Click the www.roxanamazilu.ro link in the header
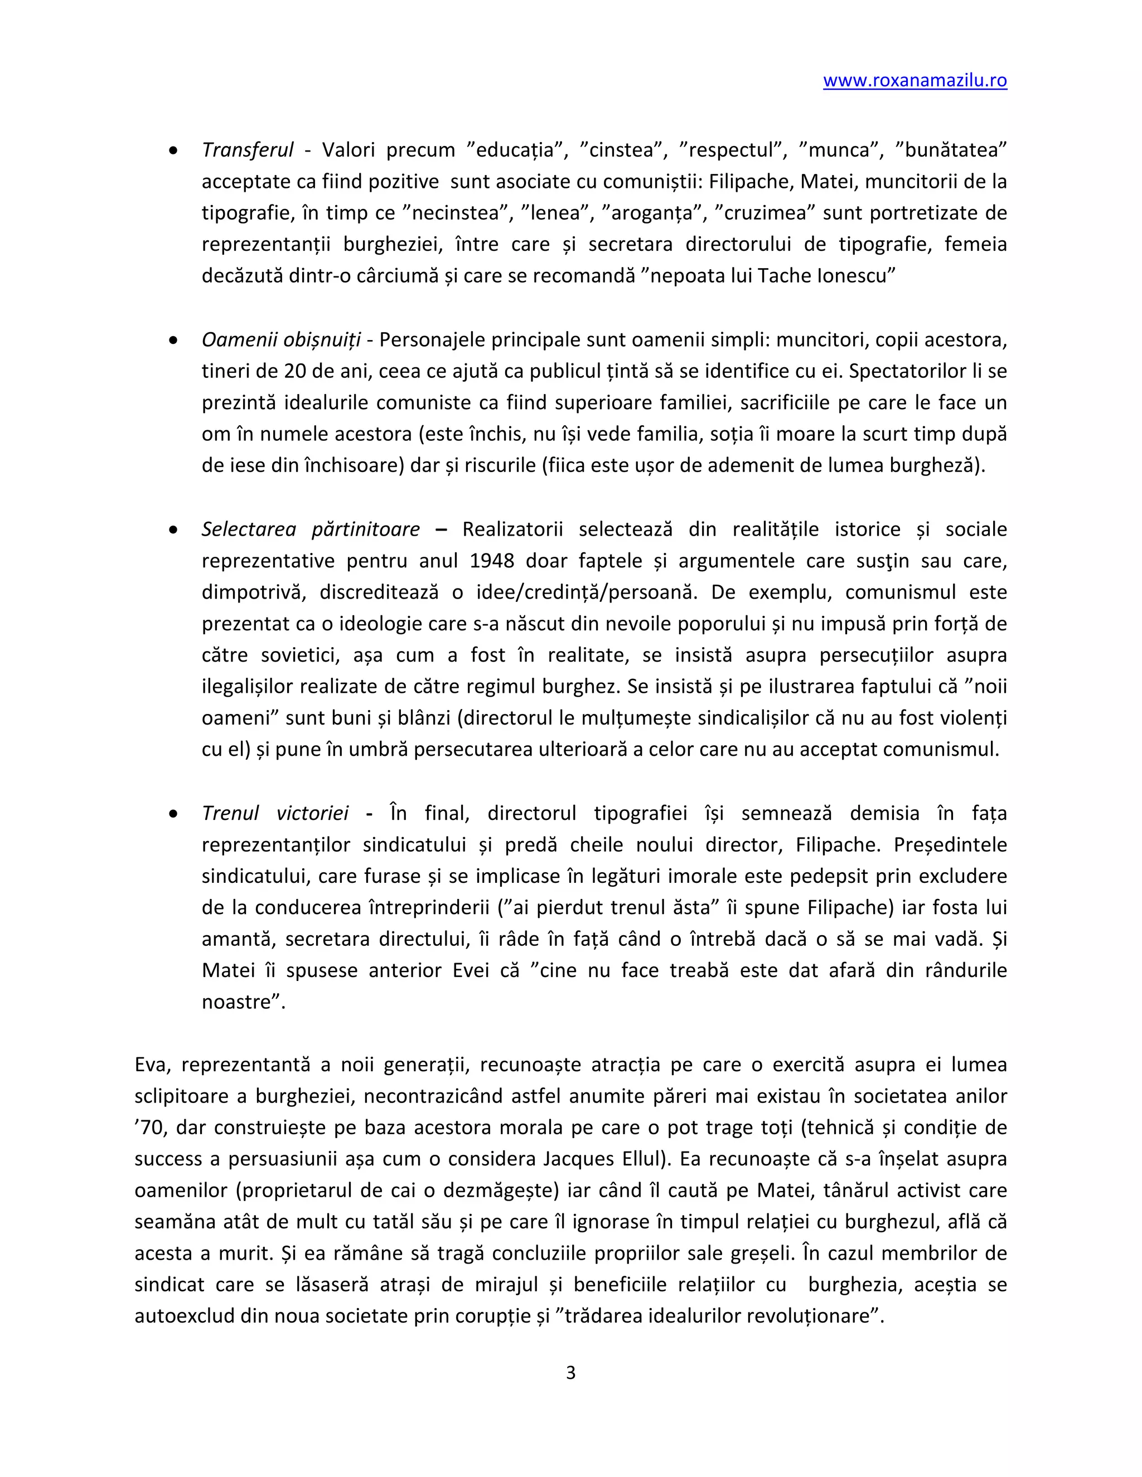914,80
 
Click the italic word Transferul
248,150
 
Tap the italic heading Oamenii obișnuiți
281,339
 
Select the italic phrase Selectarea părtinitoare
311,529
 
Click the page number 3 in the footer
570,1372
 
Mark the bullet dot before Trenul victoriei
174,814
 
